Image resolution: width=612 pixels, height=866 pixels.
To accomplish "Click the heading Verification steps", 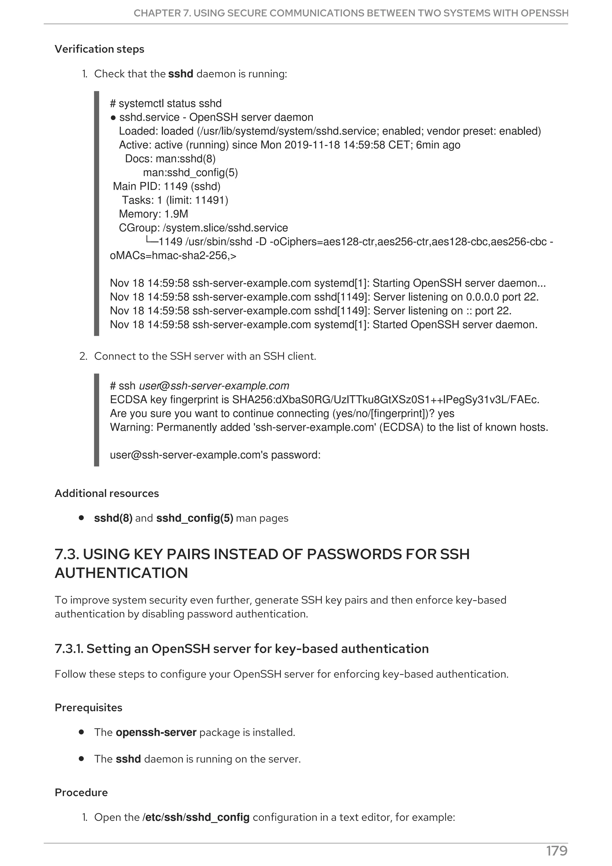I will [x=99, y=49].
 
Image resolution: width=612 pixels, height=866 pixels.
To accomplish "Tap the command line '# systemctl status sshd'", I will [x=166, y=103].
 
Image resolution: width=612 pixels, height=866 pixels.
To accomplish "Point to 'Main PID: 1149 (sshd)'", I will [x=167, y=186].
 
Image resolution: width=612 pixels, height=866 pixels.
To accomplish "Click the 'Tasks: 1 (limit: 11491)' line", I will [x=175, y=200].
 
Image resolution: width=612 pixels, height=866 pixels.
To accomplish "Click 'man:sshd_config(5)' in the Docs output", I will [x=190, y=173].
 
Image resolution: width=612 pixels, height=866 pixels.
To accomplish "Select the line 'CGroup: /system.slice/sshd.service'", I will [x=203, y=228].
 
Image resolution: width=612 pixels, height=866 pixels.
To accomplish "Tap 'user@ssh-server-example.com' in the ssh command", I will [x=214, y=386].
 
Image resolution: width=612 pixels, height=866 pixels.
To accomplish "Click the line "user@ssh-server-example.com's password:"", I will [x=215, y=455].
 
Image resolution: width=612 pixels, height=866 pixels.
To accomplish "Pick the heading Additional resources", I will [x=107, y=493].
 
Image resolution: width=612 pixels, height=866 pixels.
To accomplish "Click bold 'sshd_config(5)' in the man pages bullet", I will [x=195, y=518].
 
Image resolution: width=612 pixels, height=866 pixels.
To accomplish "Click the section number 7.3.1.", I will [x=69, y=649].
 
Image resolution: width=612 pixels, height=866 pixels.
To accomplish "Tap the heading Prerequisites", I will [x=88, y=708].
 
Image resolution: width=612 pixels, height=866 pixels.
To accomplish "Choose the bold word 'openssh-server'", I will [x=156, y=732].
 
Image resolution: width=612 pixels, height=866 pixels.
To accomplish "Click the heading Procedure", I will [x=81, y=792].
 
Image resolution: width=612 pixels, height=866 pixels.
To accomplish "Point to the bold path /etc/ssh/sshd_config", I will [x=196, y=817].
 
